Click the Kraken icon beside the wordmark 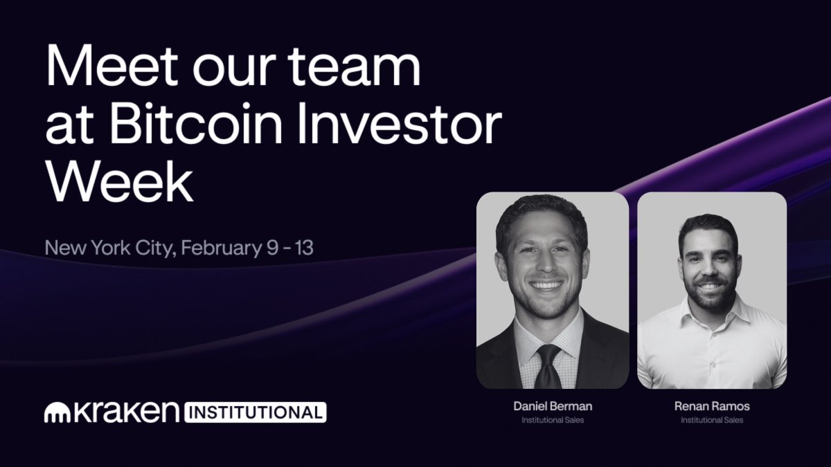point(55,412)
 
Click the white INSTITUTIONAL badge point(254,412)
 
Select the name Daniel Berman point(553,407)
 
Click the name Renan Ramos point(712,407)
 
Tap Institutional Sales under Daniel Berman point(553,420)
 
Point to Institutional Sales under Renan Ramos point(712,420)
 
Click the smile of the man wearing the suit point(547,284)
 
